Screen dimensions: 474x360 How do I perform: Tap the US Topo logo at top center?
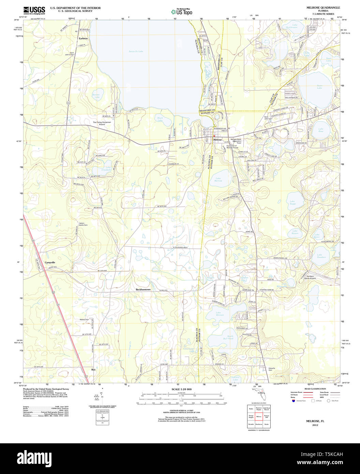(182, 12)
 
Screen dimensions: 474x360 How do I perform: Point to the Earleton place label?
(83, 39)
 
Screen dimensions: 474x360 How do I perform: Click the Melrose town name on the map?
(217, 140)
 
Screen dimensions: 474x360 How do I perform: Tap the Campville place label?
(50, 262)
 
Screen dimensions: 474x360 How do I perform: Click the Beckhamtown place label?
(143, 289)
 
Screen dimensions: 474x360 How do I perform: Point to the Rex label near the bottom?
(93, 369)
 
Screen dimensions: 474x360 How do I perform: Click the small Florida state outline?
(261, 396)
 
